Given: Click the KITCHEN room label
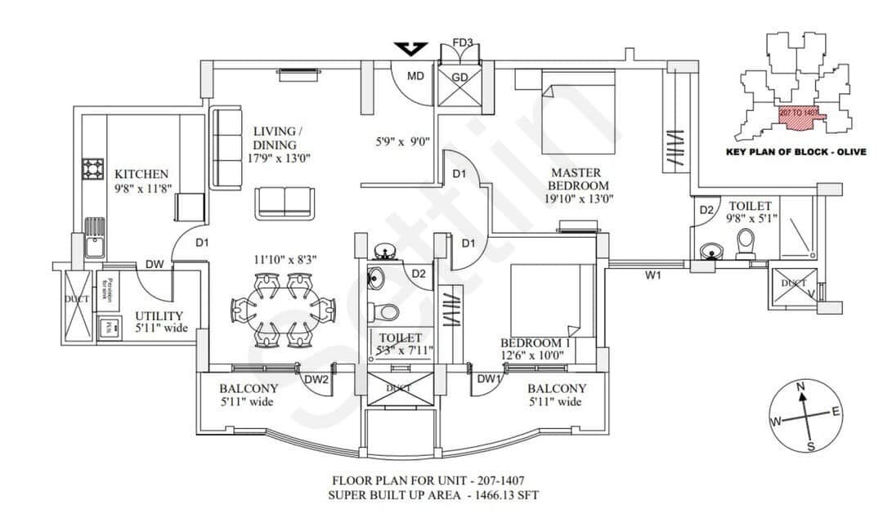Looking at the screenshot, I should (141, 174).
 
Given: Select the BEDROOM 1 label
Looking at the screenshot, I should (535, 342).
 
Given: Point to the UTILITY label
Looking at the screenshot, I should (159, 316).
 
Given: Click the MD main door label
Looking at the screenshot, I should (415, 76).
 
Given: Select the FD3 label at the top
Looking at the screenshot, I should (462, 42).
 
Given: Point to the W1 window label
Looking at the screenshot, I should (652, 276).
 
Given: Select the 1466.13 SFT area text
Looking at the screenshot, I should (504, 495).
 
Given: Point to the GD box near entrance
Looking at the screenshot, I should (459, 77).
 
